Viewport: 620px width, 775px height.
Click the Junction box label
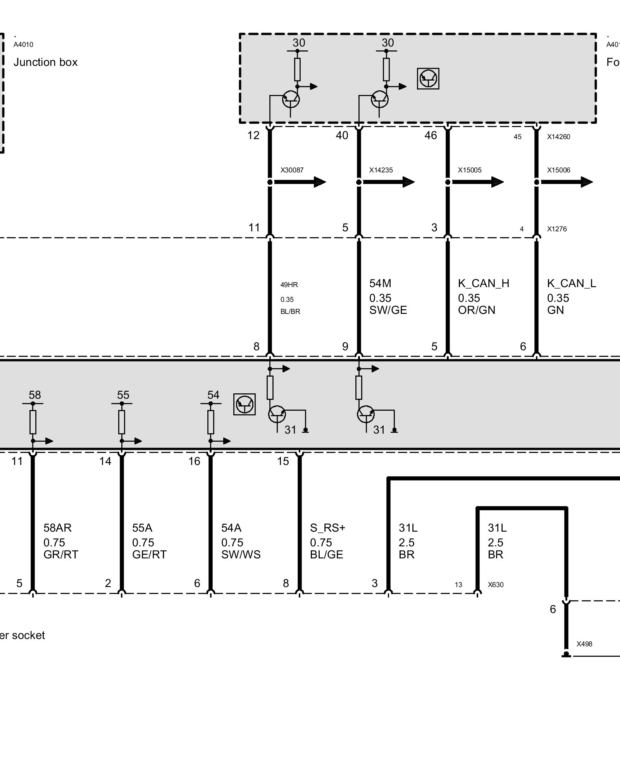pos(45,62)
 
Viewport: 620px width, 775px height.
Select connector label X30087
pos(292,170)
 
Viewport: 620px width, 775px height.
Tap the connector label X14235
pos(381,170)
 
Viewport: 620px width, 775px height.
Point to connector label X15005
pos(470,170)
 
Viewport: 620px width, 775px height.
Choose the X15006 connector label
pos(558,170)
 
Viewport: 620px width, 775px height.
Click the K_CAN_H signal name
pos(484,284)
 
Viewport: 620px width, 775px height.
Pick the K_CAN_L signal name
pos(572,284)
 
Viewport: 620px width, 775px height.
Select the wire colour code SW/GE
pos(388,310)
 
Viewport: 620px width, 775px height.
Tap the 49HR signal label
pos(289,285)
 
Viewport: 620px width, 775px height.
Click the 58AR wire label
pos(57,528)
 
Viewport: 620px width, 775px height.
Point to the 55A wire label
pos(142,528)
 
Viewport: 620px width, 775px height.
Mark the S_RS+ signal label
pos(327,528)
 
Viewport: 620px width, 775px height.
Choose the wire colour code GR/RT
pos(61,555)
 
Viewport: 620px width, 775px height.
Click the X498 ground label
pos(584,644)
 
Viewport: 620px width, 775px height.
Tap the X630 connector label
pos(496,585)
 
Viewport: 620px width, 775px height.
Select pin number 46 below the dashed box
pos(431,135)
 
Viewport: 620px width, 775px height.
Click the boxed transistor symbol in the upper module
pos(428,79)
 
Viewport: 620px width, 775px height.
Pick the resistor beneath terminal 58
pos(33,422)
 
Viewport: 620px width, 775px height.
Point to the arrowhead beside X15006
pos(586,182)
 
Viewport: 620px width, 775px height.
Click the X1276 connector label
pos(557,229)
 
